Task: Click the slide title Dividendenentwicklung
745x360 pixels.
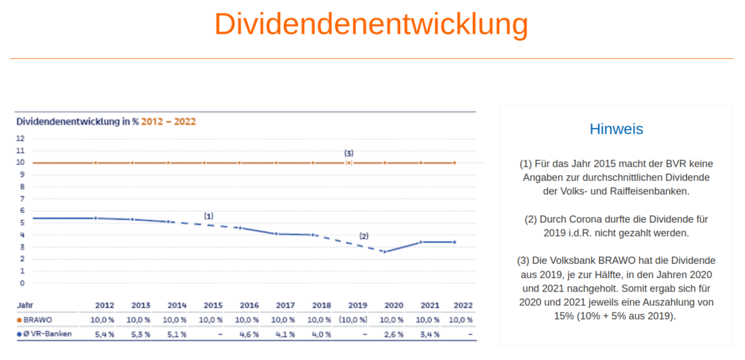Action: [x=371, y=24]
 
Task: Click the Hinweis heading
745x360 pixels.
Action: [x=616, y=129]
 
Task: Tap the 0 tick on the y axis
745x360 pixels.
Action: [x=22, y=283]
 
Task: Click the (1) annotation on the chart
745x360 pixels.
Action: [x=209, y=216]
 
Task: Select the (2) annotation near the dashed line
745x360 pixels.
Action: [x=364, y=236]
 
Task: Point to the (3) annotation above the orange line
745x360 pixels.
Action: [x=349, y=154]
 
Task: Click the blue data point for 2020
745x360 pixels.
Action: [x=384, y=252]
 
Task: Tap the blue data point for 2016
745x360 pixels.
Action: [x=240, y=228]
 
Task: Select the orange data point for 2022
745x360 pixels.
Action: [x=454, y=162]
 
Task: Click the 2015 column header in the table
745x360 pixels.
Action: [x=213, y=306]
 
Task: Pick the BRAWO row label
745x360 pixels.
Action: [x=37, y=319]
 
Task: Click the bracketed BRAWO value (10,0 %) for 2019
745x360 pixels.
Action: [x=353, y=320]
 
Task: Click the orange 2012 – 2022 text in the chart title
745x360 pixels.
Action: [x=169, y=121]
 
